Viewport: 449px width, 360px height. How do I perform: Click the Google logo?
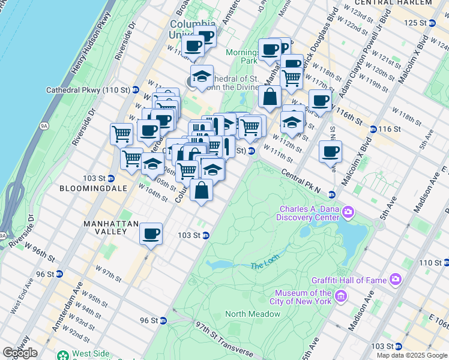(20, 353)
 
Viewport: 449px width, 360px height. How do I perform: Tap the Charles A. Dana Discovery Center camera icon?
(349, 212)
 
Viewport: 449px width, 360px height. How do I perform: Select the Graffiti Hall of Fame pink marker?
(396, 278)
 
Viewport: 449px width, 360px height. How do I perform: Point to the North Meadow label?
(253, 314)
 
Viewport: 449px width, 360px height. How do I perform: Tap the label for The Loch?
(265, 265)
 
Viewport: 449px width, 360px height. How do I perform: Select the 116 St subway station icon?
(373, 129)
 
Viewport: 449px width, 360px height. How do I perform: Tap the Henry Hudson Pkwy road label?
(91, 42)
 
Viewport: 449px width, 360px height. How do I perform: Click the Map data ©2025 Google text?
(412, 355)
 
